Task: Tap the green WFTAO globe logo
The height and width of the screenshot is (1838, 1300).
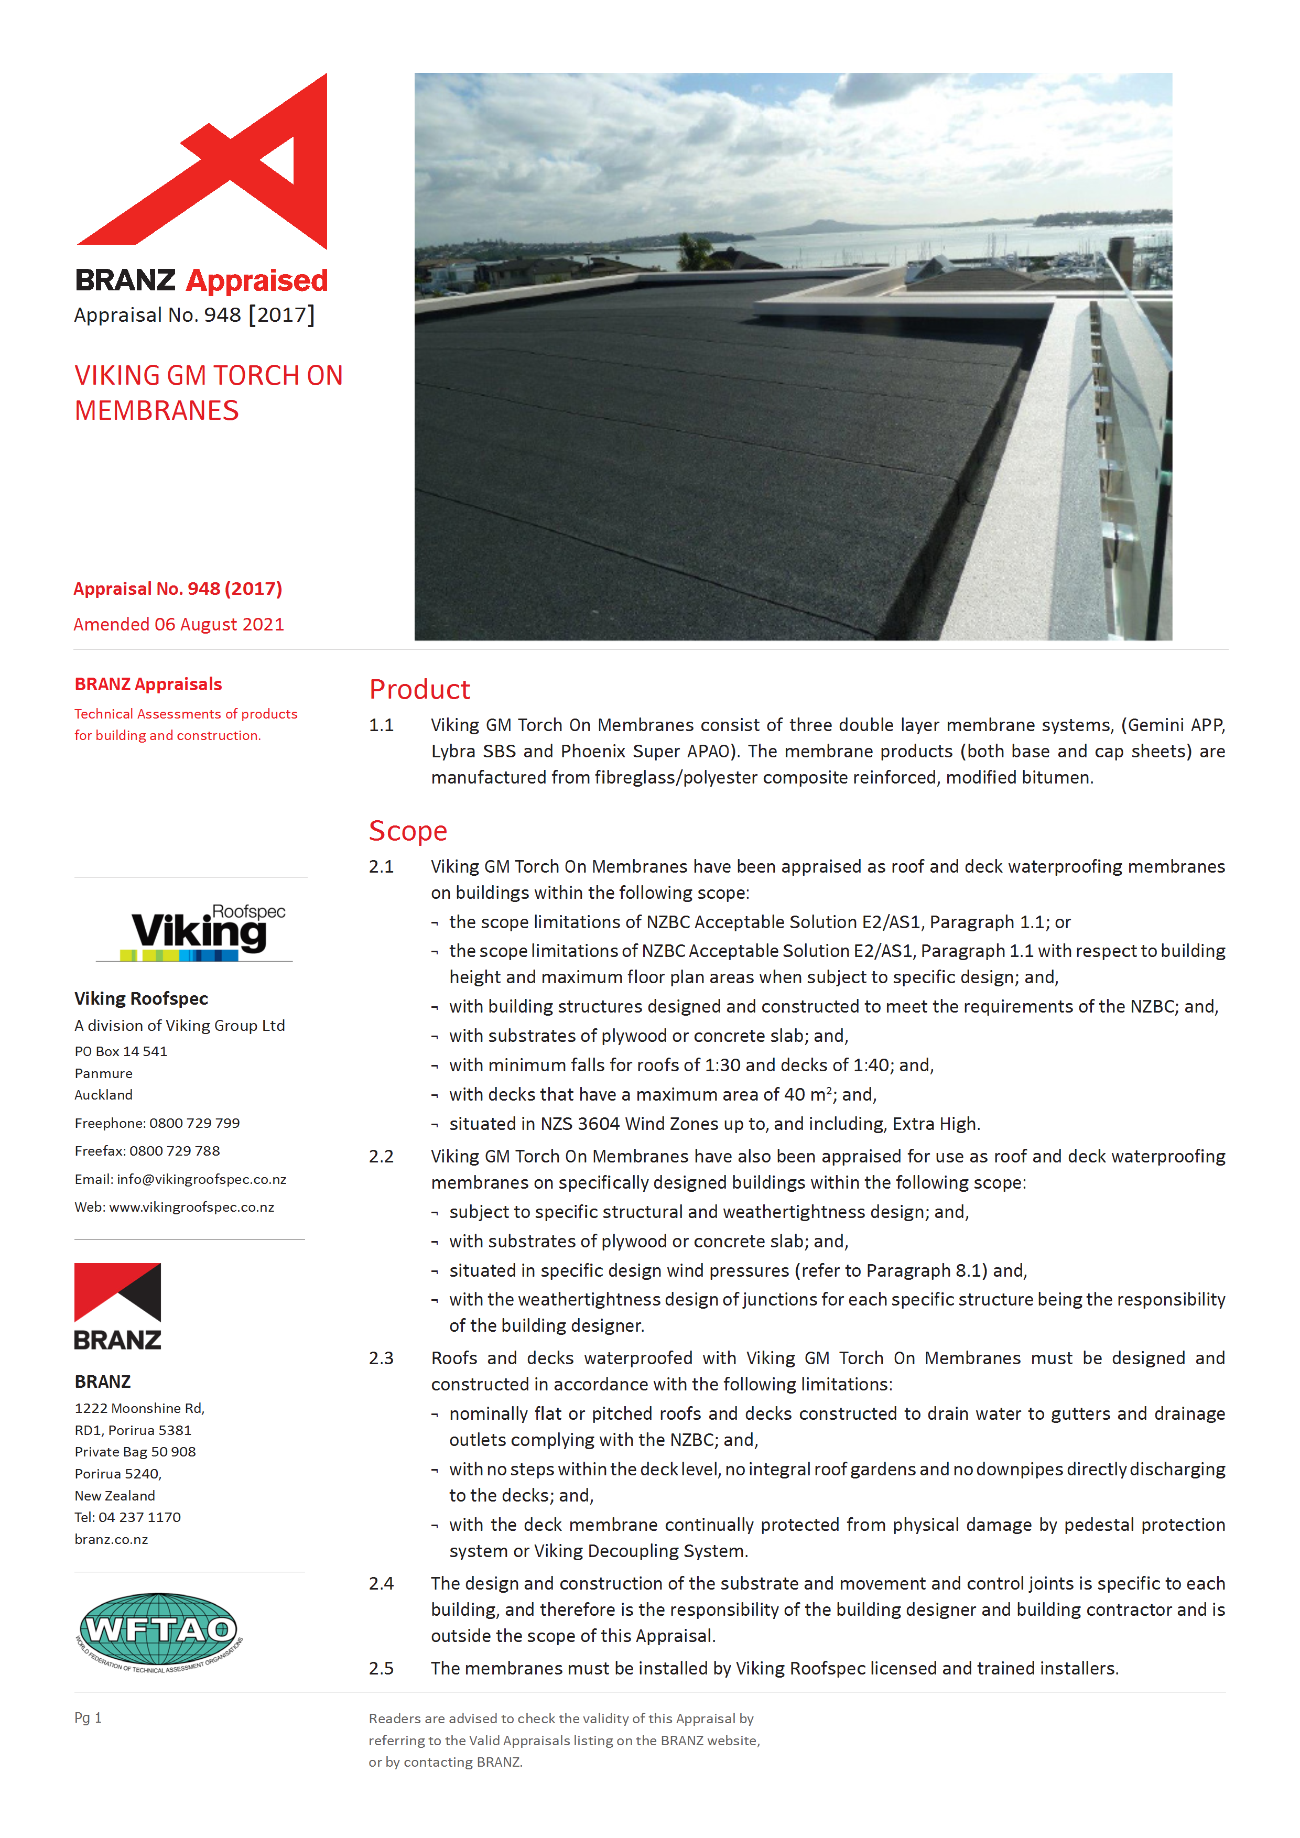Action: [x=160, y=1630]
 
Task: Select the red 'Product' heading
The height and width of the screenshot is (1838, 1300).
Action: [x=419, y=689]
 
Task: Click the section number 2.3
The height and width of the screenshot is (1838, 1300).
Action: [x=381, y=1358]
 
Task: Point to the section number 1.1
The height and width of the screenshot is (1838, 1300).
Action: [x=381, y=725]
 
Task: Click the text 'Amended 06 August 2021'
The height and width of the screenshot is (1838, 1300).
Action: [x=179, y=624]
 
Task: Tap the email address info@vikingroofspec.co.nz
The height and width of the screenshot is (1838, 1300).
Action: [x=201, y=1179]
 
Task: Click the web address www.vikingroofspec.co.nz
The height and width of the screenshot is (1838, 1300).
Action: [x=191, y=1207]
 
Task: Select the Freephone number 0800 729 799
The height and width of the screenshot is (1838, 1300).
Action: [x=194, y=1123]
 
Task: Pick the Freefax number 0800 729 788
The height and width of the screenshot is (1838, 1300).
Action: [x=175, y=1151]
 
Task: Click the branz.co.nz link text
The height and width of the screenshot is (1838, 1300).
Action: [x=111, y=1539]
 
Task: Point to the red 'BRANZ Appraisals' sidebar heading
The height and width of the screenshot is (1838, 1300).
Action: [x=148, y=684]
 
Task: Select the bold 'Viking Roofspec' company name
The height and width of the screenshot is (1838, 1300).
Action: [x=141, y=998]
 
